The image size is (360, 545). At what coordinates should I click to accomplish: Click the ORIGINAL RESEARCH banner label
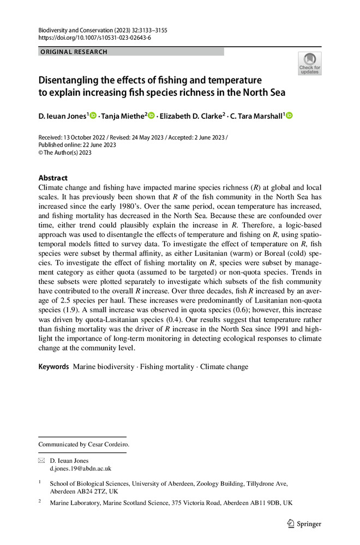click(x=73, y=52)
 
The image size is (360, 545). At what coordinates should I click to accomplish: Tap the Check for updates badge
click(x=309, y=64)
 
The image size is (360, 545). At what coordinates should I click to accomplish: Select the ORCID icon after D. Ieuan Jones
click(x=93, y=115)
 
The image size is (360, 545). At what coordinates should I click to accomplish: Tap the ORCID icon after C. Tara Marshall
click(x=289, y=115)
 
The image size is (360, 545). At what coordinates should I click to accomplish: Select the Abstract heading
click(x=53, y=178)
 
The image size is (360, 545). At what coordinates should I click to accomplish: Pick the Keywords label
click(x=53, y=367)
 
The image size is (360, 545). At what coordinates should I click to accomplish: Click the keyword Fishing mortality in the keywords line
click(x=165, y=367)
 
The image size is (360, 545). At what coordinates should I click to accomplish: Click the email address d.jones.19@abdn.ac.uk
click(x=81, y=468)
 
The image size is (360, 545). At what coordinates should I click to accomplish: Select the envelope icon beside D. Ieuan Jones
click(x=41, y=461)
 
